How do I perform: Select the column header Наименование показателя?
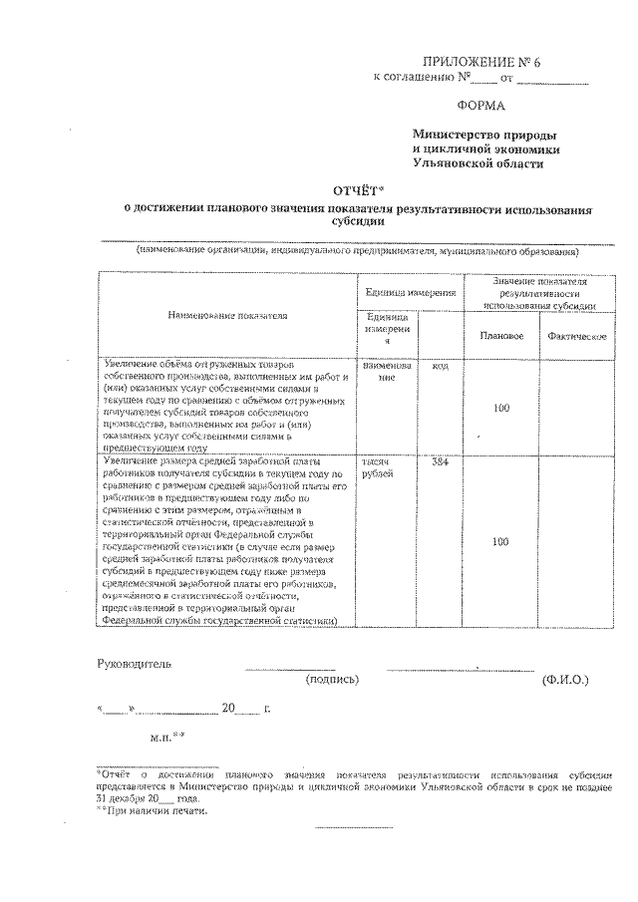click(228, 315)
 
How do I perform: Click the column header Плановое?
click(501, 336)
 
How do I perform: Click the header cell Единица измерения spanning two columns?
click(411, 292)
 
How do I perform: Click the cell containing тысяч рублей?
click(380, 468)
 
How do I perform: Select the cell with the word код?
click(440, 366)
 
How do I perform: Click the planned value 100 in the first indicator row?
click(501, 408)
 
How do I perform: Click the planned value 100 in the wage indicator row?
click(501, 541)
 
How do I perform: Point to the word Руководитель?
click(134, 664)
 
